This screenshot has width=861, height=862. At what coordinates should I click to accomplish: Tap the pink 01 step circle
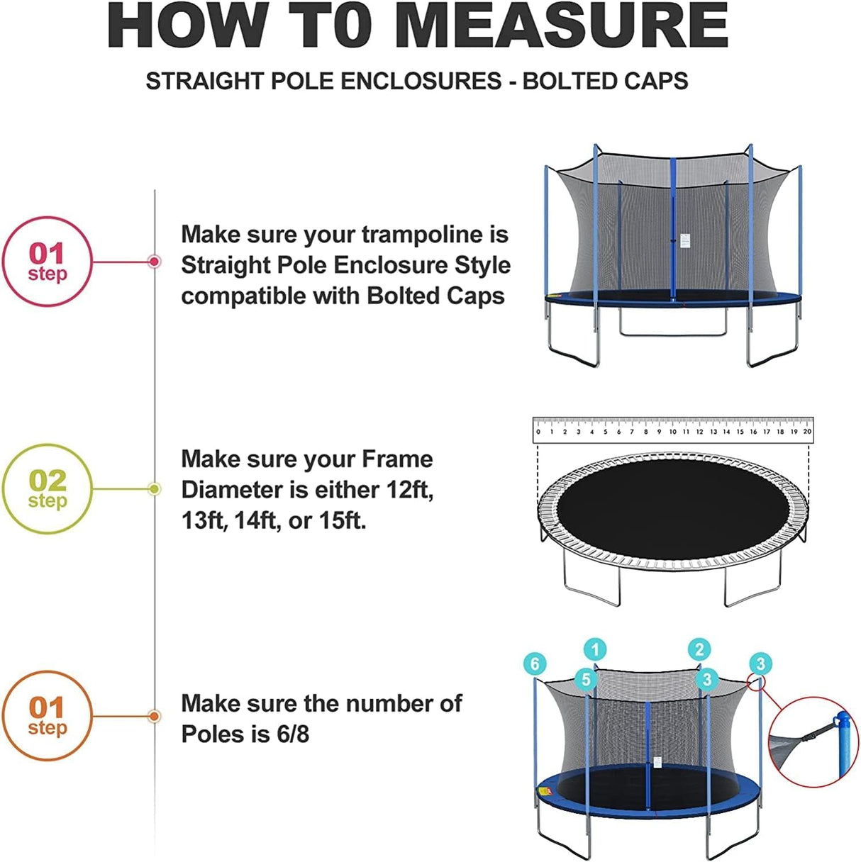[x=48, y=262]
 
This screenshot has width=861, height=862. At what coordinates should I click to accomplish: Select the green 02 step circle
[x=48, y=489]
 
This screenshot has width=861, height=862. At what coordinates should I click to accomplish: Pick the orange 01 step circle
[x=48, y=716]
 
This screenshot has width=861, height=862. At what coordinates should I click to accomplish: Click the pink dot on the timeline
[x=154, y=262]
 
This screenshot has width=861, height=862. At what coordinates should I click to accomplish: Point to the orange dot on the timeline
[x=154, y=716]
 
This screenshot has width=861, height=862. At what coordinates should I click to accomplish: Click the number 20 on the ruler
[x=807, y=431]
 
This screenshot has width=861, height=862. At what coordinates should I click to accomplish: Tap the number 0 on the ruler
[x=538, y=431]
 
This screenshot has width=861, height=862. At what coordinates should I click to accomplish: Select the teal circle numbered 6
[x=535, y=664]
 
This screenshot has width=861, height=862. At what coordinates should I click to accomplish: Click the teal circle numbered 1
[x=595, y=649]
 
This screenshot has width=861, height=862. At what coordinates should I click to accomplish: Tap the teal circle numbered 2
[x=699, y=649]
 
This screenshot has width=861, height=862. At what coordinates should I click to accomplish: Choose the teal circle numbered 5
[x=585, y=679]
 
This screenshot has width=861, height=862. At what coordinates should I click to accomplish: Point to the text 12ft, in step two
[x=410, y=490]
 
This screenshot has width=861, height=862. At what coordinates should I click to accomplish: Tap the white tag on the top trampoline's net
[x=684, y=241]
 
